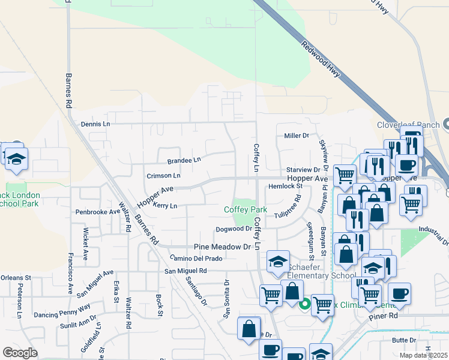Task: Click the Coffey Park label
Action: point(245,209)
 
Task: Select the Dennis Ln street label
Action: point(95,124)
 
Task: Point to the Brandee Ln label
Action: point(184,160)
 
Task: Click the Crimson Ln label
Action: point(163,176)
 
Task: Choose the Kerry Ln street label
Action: point(165,206)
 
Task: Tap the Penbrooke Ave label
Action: point(98,212)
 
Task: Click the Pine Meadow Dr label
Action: point(221,247)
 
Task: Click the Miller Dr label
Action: point(296,136)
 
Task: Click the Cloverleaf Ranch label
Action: point(408,125)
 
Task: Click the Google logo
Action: point(20,353)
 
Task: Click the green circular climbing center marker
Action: point(304,304)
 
